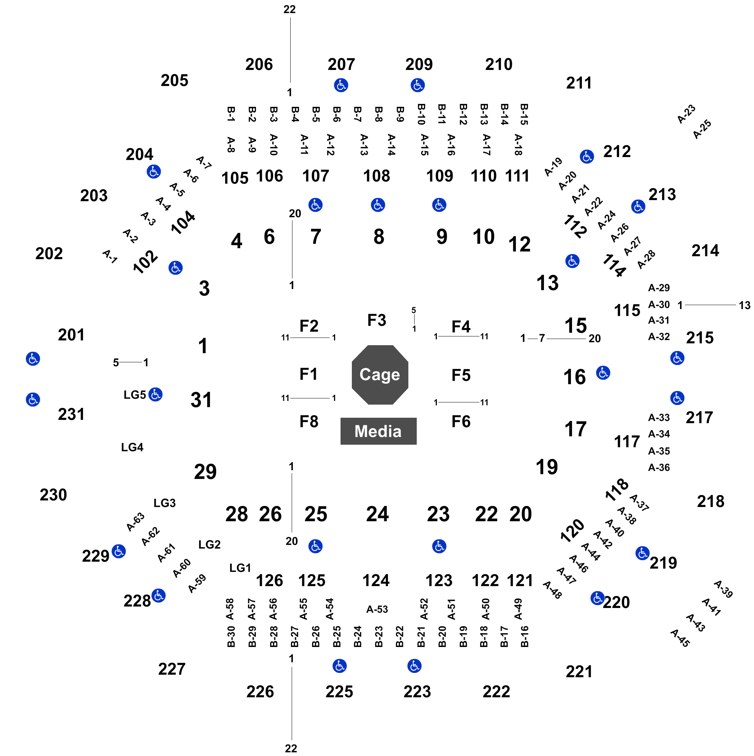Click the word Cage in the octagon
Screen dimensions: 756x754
[379, 374]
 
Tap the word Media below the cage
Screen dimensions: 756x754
[378, 431]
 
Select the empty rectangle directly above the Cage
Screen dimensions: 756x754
[378, 319]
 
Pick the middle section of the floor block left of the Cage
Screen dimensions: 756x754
[308, 373]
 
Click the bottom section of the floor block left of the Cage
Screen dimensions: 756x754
[308, 420]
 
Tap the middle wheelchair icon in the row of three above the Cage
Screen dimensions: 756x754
[378, 204]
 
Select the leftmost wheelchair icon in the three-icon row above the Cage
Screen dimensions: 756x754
[315, 204]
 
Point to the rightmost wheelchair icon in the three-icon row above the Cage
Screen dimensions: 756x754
[439, 204]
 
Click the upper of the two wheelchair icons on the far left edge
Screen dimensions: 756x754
[33, 358]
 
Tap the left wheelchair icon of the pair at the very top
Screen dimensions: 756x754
[341, 85]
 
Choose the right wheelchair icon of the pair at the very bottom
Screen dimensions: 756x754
[414, 666]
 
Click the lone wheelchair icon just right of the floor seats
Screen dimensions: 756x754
[603, 373]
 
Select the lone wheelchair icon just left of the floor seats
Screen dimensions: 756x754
[155, 394]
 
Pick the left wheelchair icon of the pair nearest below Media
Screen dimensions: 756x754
[315, 546]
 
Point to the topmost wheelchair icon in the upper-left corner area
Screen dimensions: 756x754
[154, 171]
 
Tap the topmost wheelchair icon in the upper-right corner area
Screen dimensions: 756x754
[586, 156]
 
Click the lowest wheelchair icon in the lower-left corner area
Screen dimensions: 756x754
[159, 596]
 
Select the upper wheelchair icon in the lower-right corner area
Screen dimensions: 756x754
[642, 553]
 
